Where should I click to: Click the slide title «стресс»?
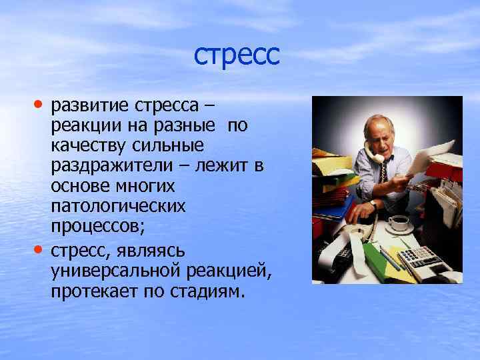[x=237, y=55]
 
